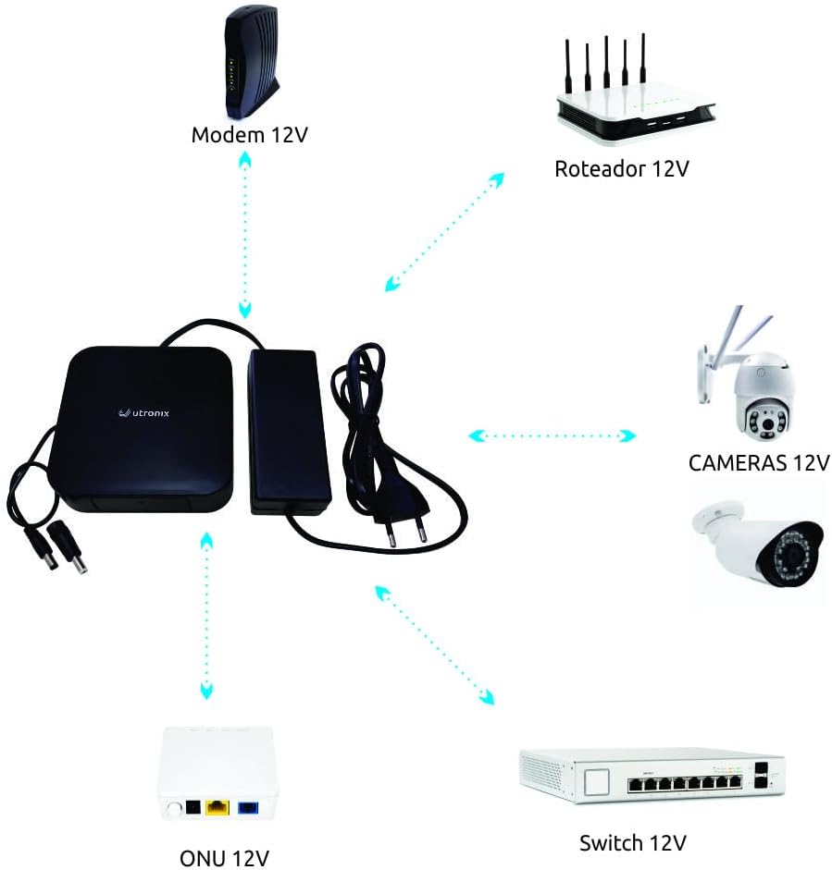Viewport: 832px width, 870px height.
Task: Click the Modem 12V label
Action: [248, 135]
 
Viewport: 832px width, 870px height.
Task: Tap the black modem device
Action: [247, 63]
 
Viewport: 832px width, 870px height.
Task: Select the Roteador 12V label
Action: [621, 168]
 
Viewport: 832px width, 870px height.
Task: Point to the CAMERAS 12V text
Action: [758, 462]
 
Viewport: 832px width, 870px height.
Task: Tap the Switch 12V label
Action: [633, 842]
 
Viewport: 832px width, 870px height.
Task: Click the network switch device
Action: [652, 776]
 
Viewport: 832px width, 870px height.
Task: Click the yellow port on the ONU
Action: [217, 807]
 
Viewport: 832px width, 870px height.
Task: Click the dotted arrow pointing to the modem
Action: [244, 235]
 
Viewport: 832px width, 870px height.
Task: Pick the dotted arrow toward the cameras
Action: [553, 435]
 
